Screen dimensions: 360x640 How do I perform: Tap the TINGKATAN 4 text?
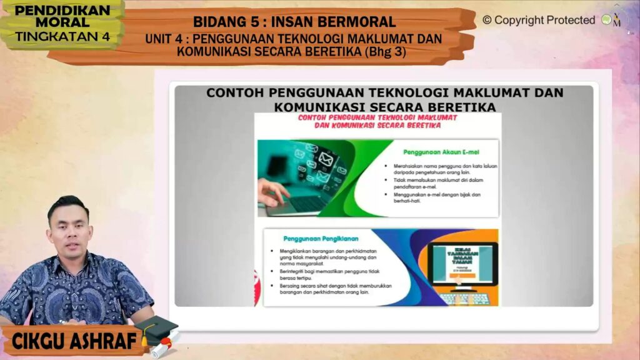pos(61,36)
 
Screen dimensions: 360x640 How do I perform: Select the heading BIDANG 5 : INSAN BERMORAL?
pos(294,22)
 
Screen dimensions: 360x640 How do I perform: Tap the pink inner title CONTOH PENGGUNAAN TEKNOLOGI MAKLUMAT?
pos(377,117)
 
